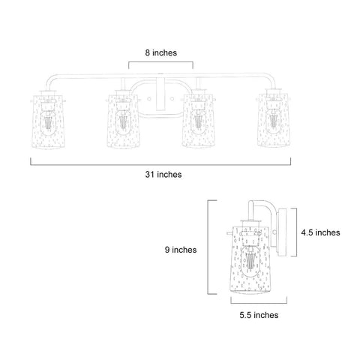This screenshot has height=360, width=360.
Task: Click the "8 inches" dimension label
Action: (161, 52)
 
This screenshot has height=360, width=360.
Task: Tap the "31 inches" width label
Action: (163, 174)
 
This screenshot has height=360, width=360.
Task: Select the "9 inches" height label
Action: (181, 250)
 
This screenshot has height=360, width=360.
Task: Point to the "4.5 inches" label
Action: (320, 232)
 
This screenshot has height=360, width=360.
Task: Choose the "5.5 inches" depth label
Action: (259, 315)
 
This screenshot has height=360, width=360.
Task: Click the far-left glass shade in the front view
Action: (49, 121)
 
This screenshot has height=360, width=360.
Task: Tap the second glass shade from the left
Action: (123, 121)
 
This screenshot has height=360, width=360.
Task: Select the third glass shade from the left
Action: (199, 121)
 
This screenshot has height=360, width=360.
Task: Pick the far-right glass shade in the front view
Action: (274, 120)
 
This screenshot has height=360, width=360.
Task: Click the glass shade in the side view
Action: (250, 260)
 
